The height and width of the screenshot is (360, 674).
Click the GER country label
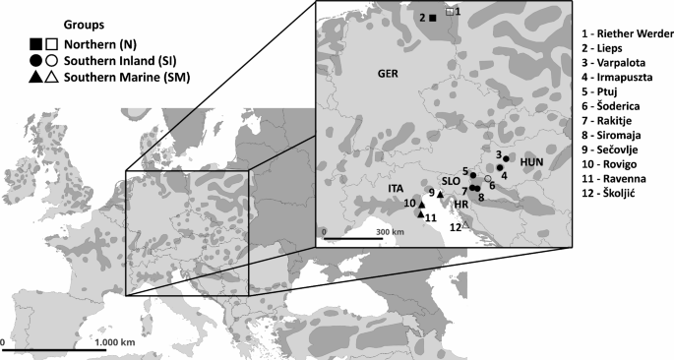click(387, 73)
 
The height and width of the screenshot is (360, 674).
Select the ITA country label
click(384, 184)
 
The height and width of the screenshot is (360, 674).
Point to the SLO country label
click(450, 181)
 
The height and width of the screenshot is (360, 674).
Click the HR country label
click(460, 205)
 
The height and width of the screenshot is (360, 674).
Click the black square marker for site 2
click(433, 18)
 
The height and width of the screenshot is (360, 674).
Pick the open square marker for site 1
click(449, 12)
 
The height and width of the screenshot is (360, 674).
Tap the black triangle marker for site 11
click(421, 213)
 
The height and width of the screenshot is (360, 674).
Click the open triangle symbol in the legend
click(50, 76)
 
